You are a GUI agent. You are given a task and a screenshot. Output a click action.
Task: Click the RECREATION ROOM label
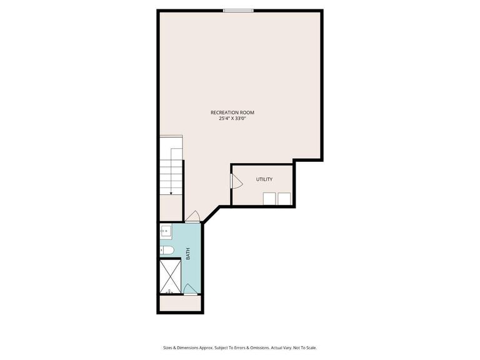pyautogui.click(x=232, y=112)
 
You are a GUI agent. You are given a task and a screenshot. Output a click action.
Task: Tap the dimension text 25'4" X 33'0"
pyautogui.click(x=232, y=118)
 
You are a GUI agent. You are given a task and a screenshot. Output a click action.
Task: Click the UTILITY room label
pyautogui.click(x=264, y=179)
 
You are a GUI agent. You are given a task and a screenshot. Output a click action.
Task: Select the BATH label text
pyautogui.click(x=187, y=254)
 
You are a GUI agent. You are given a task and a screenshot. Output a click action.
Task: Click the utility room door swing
pyautogui.click(x=236, y=181)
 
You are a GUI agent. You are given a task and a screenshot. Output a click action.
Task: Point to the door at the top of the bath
pyautogui.click(x=193, y=217)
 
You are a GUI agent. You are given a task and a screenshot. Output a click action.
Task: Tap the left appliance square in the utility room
pyautogui.click(x=269, y=199)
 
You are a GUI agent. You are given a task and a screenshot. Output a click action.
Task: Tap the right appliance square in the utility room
pyautogui.click(x=284, y=199)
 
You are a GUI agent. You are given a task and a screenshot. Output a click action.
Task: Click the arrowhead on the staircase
pyautogui.click(x=171, y=192)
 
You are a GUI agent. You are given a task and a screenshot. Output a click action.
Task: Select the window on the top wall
pyautogui.click(x=238, y=10)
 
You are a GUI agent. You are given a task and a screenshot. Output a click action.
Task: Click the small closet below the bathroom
pyautogui.click(x=179, y=303)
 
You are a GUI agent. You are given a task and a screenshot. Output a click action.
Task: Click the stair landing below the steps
pyautogui.click(x=171, y=208)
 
